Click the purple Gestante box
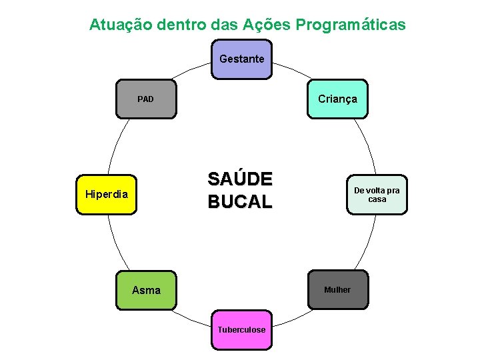point(241,59)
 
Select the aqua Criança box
point(337,99)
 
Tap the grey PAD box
point(146,99)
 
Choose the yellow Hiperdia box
point(107,195)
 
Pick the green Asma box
point(146,290)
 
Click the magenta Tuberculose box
point(241,329)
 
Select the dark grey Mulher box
point(337,289)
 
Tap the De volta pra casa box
point(377,195)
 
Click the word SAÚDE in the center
point(240,180)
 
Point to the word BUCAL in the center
point(240,202)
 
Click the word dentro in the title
point(181,25)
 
